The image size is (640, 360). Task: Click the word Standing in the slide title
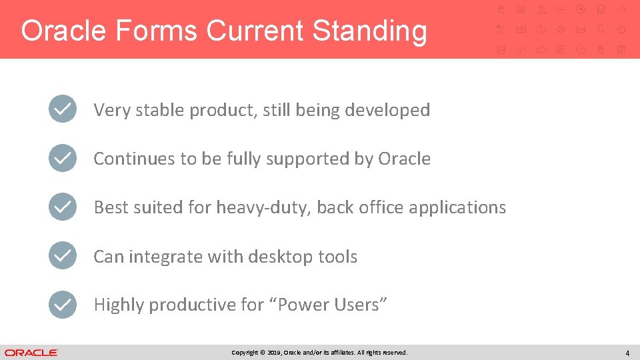pyautogui.click(x=370, y=31)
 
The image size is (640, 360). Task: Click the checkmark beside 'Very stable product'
pyautogui.click(x=63, y=109)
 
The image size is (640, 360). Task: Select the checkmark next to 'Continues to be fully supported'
pyautogui.click(x=63, y=157)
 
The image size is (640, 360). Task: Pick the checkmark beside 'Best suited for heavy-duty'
pyautogui.click(x=63, y=207)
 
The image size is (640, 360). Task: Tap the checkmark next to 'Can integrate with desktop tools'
pyautogui.click(x=63, y=255)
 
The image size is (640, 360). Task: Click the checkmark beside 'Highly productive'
pyautogui.click(x=63, y=304)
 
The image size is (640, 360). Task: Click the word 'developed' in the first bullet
pyautogui.click(x=387, y=110)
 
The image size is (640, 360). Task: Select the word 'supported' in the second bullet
pyautogui.click(x=308, y=159)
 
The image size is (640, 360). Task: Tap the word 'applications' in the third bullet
pyautogui.click(x=457, y=208)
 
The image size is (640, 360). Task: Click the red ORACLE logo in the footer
pyautogui.click(x=31, y=353)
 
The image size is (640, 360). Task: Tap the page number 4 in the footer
pyautogui.click(x=627, y=353)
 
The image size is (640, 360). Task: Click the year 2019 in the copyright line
pyautogui.click(x=274, y=353)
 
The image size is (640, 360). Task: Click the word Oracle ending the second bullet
pyautogui.click(x=404, y=159)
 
